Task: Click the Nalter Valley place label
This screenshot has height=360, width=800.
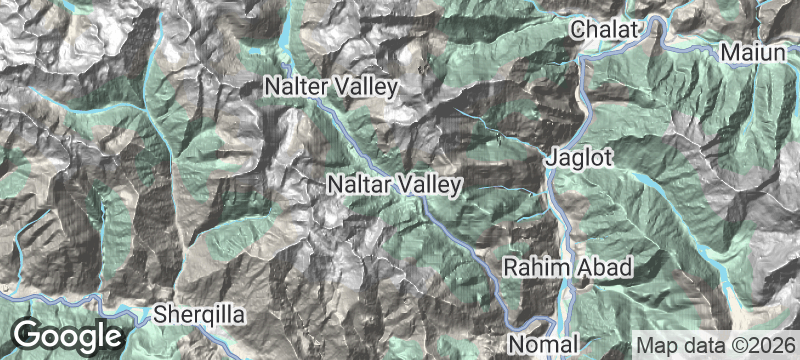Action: coord(331,88)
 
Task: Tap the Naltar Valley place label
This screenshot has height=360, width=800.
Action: coord(395,185)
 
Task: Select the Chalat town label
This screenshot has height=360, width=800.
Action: coord(604,32)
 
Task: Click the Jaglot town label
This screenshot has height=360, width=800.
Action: coord(579,158)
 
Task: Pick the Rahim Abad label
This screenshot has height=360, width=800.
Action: coord(567,268)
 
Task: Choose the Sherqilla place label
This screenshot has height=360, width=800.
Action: coord(199,316)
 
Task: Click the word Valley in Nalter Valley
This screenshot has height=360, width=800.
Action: coord(367,88)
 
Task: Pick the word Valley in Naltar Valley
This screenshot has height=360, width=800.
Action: coord(430,185)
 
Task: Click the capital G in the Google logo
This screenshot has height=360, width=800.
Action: coord(29,334)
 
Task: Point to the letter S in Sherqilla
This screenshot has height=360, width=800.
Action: coord(160,316)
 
